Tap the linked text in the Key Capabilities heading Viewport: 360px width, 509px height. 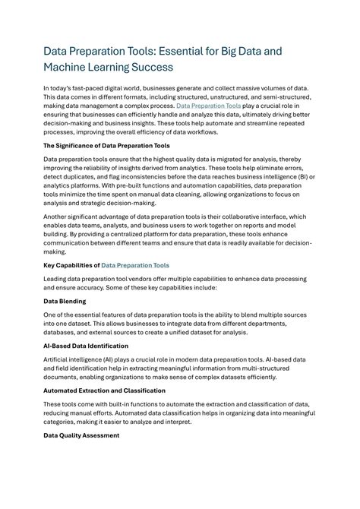(135, 265)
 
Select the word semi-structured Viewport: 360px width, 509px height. (283, 98)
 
